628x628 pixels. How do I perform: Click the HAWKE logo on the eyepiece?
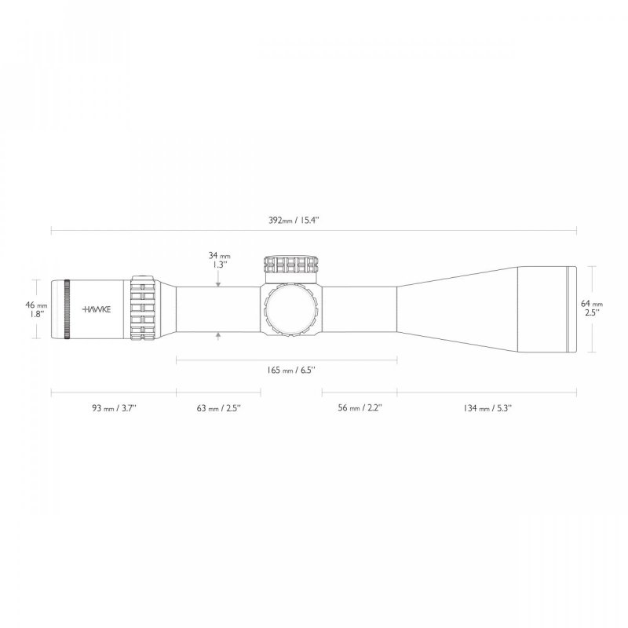(98, 309)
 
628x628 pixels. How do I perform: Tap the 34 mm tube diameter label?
(219, 255)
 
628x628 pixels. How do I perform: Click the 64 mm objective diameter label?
(591, 304)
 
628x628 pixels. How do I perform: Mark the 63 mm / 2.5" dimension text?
(217, 408)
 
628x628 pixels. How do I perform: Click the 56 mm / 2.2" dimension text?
(360, 408)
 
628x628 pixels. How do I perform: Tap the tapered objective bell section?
(455, 309)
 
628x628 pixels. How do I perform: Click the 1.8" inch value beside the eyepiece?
(37, 314)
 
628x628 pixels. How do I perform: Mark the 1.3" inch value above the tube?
(220, 265)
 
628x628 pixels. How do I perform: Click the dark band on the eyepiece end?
(67, 309)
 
